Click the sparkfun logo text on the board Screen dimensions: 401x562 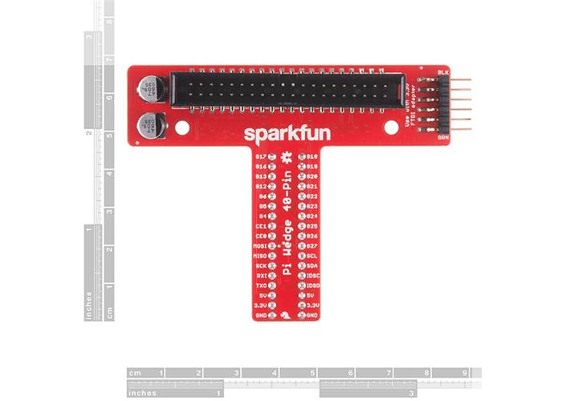[286, 132]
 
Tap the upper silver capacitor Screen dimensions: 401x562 [150, 89]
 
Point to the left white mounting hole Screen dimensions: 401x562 [182, 127]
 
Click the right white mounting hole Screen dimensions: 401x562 [391, 127]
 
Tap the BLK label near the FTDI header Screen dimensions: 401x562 [442, 73]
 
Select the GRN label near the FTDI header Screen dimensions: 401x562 [442, 137]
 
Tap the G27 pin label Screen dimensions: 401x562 [312, 245]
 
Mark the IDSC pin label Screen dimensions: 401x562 [313, 275]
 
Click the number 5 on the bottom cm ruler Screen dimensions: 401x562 [312, 373]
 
